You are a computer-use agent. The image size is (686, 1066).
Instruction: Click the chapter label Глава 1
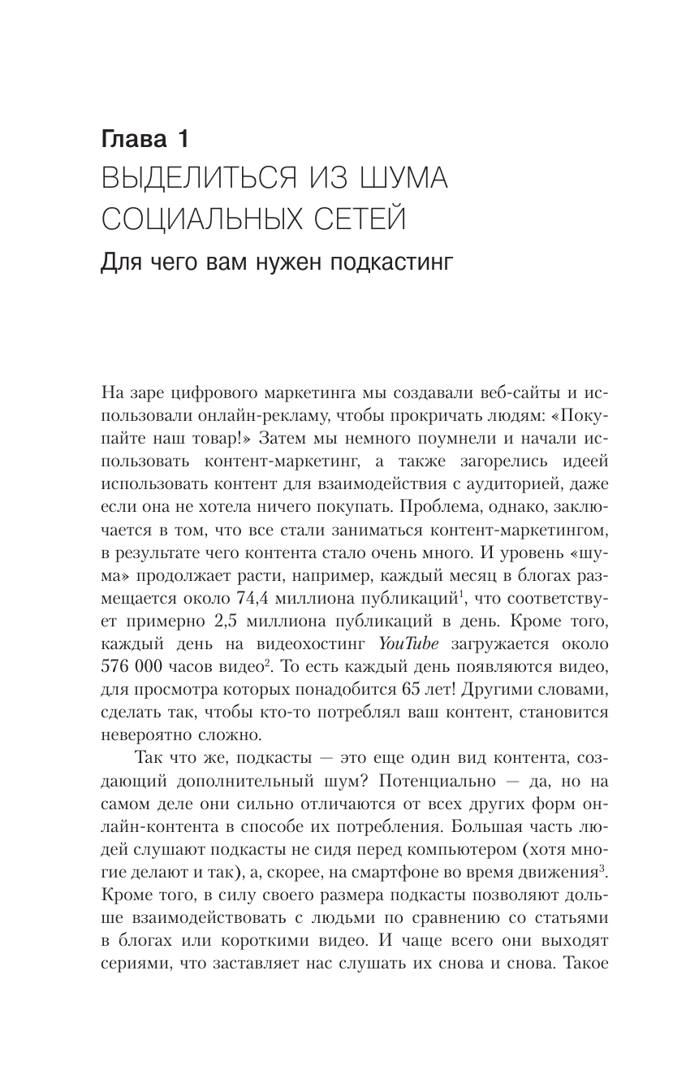coord(145,139)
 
